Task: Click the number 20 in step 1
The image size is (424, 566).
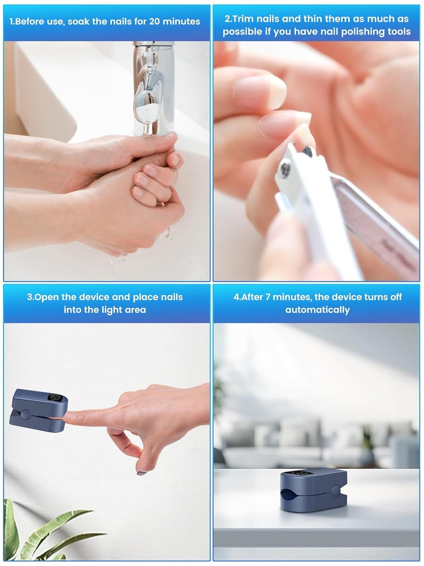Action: point(155,22)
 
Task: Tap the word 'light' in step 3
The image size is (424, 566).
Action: point(111,310)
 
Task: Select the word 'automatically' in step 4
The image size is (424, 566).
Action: point(317,310)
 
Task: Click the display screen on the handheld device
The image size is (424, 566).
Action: point(56,398)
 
